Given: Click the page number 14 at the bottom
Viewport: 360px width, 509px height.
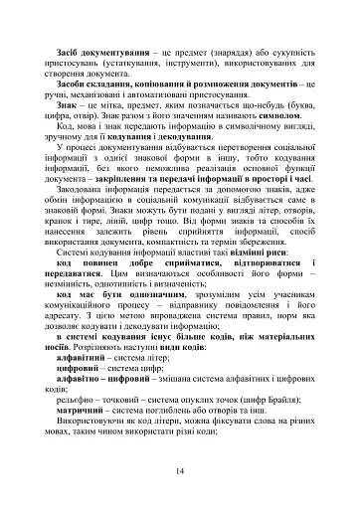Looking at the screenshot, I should [180, 470].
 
